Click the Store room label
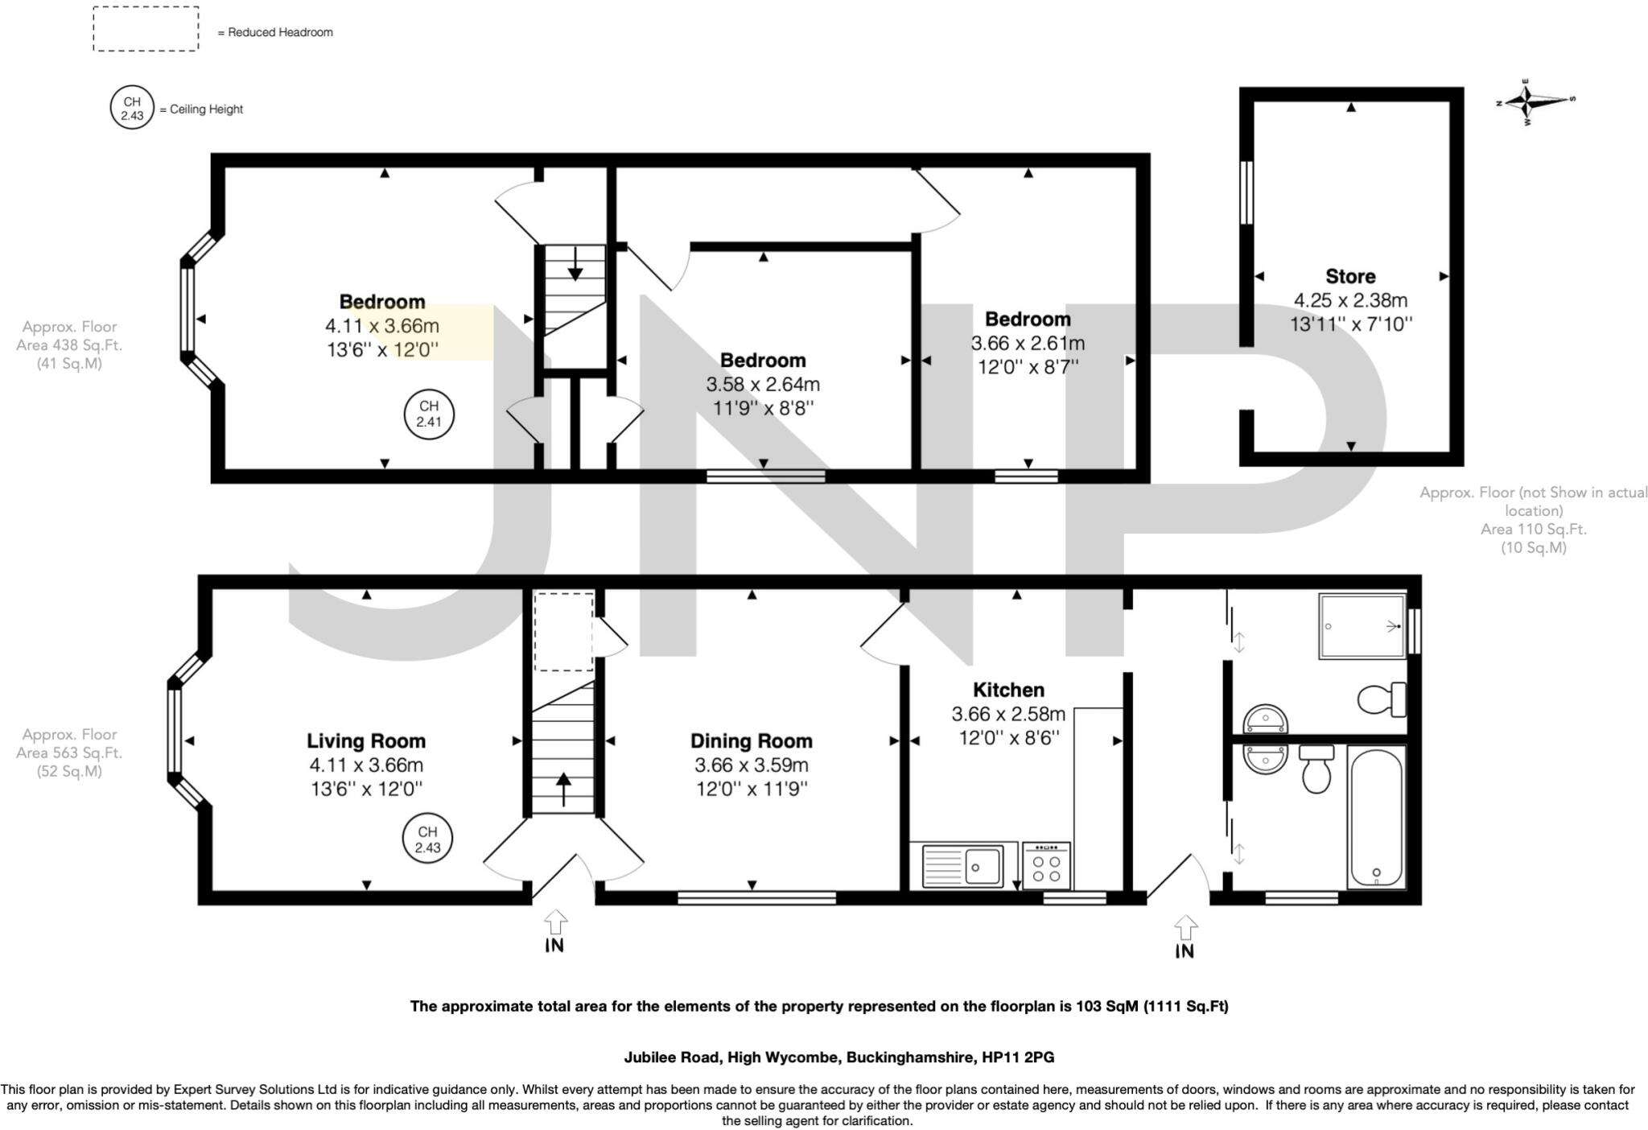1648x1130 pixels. coord(1349,277)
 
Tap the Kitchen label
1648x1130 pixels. coord(1008,690)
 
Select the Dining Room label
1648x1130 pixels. coord(751,740)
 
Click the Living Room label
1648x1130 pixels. coord(365,740)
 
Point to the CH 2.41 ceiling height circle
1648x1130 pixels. coord(428,414)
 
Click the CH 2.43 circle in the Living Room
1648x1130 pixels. coord(427,839)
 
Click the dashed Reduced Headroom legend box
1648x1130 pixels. coord(146,29)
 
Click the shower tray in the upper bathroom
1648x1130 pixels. coord(1362,625)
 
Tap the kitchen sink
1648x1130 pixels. coord(962,866)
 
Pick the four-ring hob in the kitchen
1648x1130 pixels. coord(1046,866)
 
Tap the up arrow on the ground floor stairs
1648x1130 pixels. coord(562,788)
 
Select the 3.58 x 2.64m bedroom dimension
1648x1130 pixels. coord(762,385)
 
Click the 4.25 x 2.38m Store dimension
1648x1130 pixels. coord(1349,301)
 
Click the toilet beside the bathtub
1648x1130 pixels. coord(1316,769)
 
